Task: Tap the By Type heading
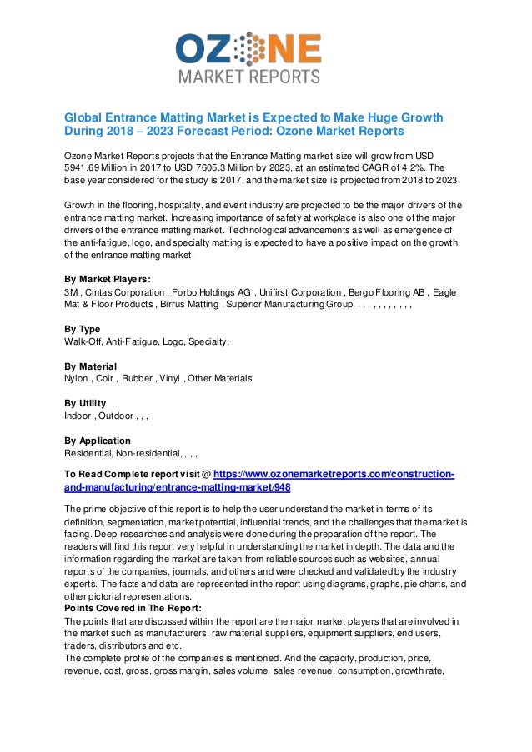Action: click(x=82, y=329)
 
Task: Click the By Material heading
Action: click(x=90, y=366)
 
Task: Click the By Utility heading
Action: click(x=86, y=403)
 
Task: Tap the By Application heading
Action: click(x=97, y=441)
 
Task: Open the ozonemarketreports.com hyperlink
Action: click(x=334, y=474)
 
